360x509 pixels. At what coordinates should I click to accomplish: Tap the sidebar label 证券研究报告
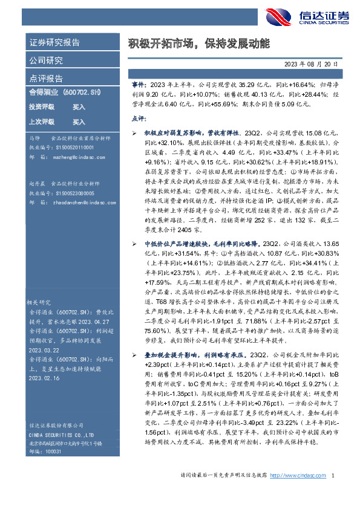coord(54,43)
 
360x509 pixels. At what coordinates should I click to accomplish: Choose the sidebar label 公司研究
coord(46,60)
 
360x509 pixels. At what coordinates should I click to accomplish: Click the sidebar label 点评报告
coord(46,78)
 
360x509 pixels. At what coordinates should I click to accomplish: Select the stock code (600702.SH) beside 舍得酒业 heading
coord(81,92)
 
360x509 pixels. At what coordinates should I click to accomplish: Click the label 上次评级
coord(42,122)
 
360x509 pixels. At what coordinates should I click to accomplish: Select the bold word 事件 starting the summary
coord(139,86)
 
